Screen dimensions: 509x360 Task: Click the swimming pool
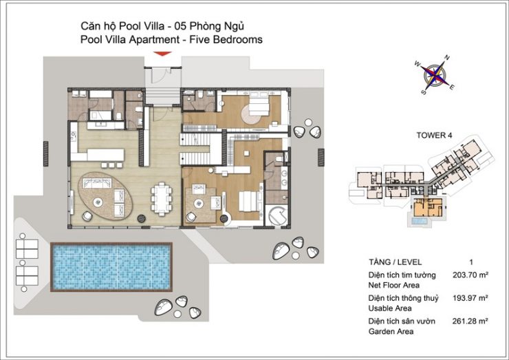pos(111,267)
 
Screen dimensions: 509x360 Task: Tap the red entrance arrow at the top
pos(162,54)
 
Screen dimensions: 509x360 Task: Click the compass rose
pos(435,75)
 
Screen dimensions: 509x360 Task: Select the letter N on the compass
pos(447,58)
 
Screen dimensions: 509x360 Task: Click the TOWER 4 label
pos(434,135)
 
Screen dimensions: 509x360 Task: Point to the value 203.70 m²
pos(470,275)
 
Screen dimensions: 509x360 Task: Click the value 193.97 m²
pos(470,298)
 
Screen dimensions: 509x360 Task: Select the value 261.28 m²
pos(470,321)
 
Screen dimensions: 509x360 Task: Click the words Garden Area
pos(391,331)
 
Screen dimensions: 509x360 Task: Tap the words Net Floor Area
pos(393,285)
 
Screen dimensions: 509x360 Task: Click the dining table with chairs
pos(162,198)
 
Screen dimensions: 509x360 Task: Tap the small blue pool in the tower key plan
pos(420,222)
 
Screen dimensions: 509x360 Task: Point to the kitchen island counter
pos(105,155)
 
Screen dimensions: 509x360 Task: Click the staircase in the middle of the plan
pos(196,149)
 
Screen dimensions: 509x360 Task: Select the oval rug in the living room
pos(105,196)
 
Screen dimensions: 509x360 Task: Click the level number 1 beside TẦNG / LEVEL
pos(471,262)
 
